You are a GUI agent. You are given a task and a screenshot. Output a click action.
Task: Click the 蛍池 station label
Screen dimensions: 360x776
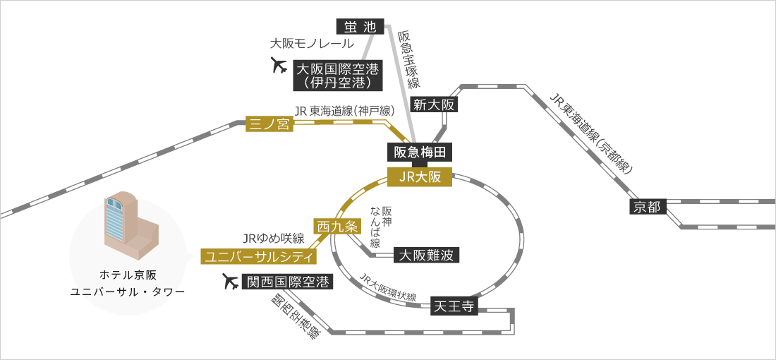[360, 28]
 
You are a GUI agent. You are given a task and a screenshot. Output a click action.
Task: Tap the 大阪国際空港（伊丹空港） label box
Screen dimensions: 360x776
[338, 75]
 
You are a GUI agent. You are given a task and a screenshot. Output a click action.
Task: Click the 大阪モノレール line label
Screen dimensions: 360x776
[313, 44]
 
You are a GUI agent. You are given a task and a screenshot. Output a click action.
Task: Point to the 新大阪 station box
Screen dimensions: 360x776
[434, 104]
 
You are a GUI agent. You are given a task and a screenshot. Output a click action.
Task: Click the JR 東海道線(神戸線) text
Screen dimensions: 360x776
[344, 110]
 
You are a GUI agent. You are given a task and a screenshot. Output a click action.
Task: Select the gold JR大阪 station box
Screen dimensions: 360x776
[420, 177]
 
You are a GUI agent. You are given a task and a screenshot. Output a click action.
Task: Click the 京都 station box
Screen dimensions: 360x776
[647, 207]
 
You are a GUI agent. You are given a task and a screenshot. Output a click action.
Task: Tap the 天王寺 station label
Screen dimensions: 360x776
[454, 306]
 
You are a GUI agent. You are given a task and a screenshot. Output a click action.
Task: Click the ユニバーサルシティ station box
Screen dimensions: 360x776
[259, 256]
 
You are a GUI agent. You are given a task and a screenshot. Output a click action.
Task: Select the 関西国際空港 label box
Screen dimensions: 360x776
[287, 282]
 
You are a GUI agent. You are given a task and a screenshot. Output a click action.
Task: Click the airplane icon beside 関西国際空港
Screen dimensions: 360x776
[231, 282]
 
